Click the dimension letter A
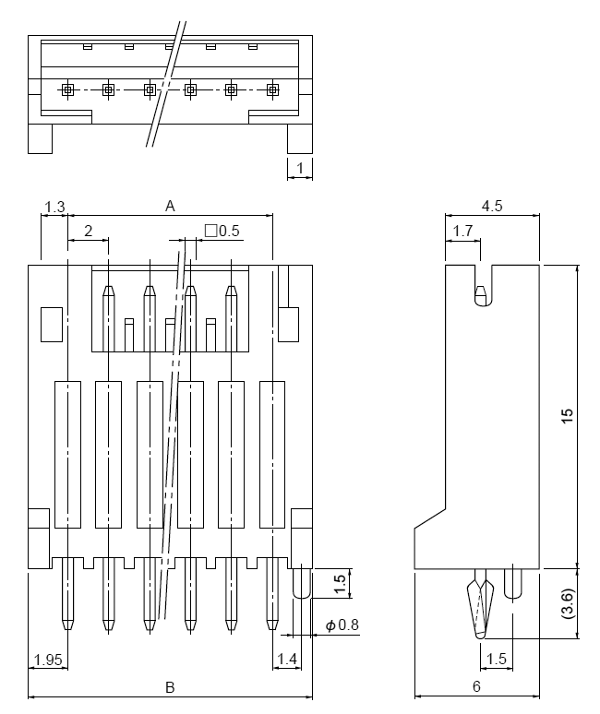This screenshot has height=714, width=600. pyautogui.click(x=170, y=207)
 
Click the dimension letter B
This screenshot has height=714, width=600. pyautogui.click(x=170, y=687)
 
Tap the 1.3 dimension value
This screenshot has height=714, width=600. pyautogui.click(x=54, y=207)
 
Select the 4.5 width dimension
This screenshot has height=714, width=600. pyautogui.click(x=492, y=206)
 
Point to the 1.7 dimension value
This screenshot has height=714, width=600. pyautogui.click(x=462, y=231)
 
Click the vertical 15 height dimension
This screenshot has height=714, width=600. pyautogui.click(x=567, y=416)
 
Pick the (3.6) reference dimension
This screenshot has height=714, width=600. pyautogui.click(x=568, y=604)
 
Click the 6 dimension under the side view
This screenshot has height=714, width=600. pyautogui.click(x=476, y=686)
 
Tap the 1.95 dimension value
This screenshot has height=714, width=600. pyautogui.click(x=48, y=660)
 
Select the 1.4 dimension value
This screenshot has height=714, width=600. pyautogui.click(x=287, y=659)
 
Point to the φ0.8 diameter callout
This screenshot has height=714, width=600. pyautogui.click(x=342, y=625)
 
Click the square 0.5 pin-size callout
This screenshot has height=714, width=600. pyautogui.click(x=222, y=231)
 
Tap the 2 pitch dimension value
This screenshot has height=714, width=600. pyautogui.click(x=88, y=232)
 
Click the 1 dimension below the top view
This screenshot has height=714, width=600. pyautogui.click(x=300, y=169)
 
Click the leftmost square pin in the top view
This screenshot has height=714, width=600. pyautogui.click(x=67, y=89)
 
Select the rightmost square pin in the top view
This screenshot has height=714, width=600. pyautogui.click(x=272, y=89)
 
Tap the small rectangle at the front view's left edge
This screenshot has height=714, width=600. pyautogui.click(x=52, y=325)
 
